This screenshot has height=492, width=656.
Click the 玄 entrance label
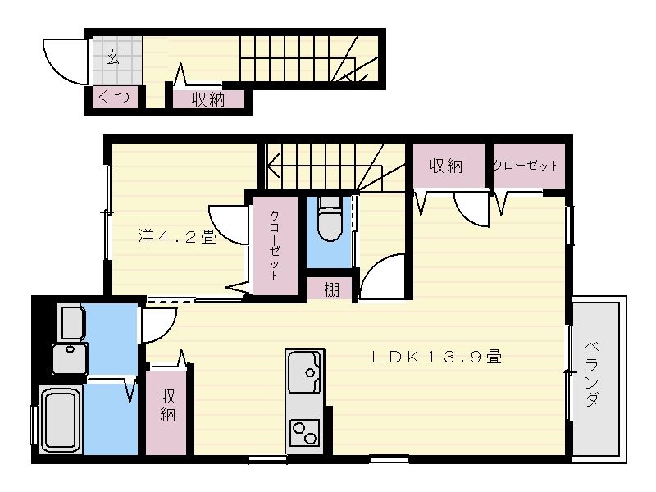click(x=112, y=57)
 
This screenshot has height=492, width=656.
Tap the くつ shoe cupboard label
click(x=113, y=98)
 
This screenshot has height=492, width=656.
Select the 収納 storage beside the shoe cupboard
click(x=208, y=99)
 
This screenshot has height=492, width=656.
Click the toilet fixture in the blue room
click(x=330, y=218)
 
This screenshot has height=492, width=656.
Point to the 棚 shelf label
click(x=332, y=289)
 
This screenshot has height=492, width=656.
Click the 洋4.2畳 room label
click(x=177, y=237)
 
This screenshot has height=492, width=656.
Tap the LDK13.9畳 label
click(x=437, y=357)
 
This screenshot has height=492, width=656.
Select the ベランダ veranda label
click(x=592, y=374)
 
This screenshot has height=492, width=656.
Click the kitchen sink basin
click(x=304, y=371)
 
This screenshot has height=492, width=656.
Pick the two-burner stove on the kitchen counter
click(x=304, y=432)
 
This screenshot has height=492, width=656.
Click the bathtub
click(x=61, y=420)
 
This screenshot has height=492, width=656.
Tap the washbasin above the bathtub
click(x=70, y=358)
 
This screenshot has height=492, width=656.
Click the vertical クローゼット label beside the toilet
click(x=275, y=245)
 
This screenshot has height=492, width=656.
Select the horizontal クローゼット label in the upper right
click(x=526, y=166)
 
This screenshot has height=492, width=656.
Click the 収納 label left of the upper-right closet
click(x=446, y=166)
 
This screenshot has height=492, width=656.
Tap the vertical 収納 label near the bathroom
click(x=168, y=405)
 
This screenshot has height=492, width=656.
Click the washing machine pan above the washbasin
click(x=72, y=322)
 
